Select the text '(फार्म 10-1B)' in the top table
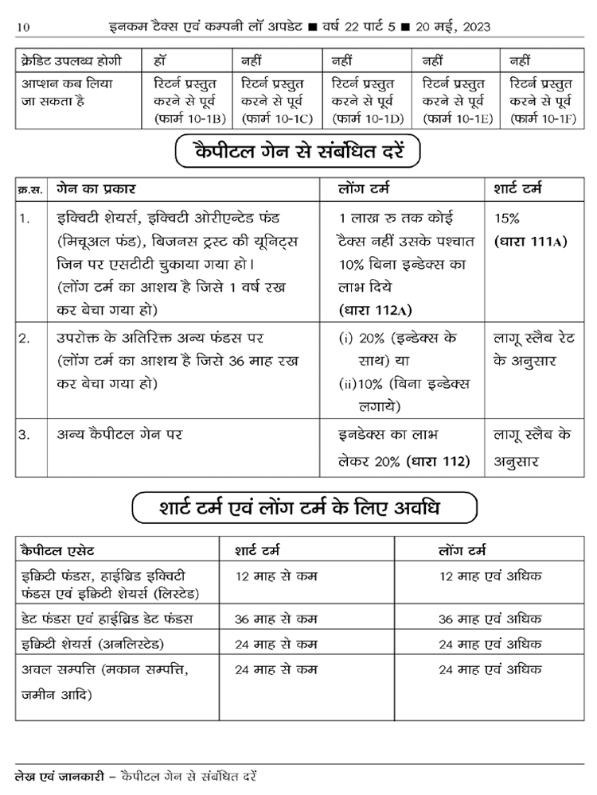191,118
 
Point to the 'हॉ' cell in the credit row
160,61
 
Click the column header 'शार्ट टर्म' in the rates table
518,190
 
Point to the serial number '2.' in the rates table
25,337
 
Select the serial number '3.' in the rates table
25,434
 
